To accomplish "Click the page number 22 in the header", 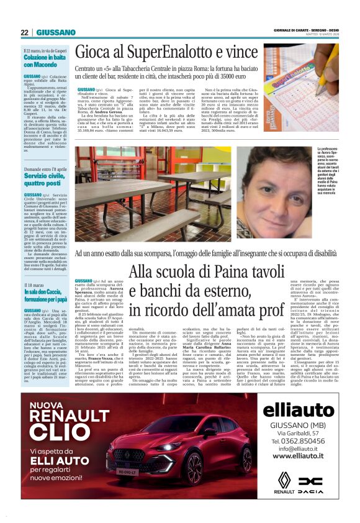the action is tap(24, 32).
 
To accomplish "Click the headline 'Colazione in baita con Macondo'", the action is tap(45, 61).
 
